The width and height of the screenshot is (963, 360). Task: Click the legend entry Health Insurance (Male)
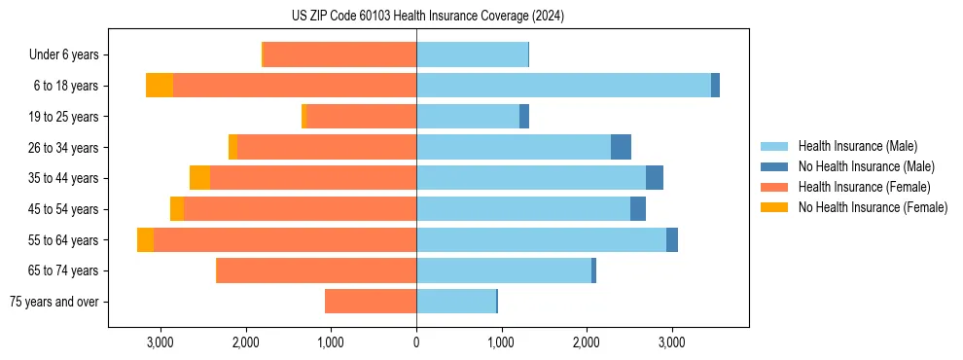[857, 146]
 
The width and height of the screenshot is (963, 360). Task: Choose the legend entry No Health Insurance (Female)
[873, 207]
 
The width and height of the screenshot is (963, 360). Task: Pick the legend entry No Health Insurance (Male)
[866, 166]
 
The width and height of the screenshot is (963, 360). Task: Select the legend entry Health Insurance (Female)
[864, 187]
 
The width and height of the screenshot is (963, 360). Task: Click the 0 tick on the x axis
[416, 342]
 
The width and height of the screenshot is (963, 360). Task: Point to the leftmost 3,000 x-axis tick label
[160, 342]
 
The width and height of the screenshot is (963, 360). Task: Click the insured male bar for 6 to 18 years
[563, 86]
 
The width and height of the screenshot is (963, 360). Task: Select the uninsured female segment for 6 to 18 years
[160, 86]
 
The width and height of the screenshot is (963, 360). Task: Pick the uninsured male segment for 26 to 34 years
[621, 147]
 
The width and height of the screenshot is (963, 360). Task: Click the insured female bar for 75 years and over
[371, 302]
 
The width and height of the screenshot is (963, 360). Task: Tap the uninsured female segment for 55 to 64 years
[145, 239]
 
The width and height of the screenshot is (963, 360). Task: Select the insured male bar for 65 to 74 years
[504, 270]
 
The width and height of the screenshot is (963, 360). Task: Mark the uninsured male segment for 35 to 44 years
[655, 178]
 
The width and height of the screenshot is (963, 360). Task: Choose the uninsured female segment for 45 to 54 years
[177, 209]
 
